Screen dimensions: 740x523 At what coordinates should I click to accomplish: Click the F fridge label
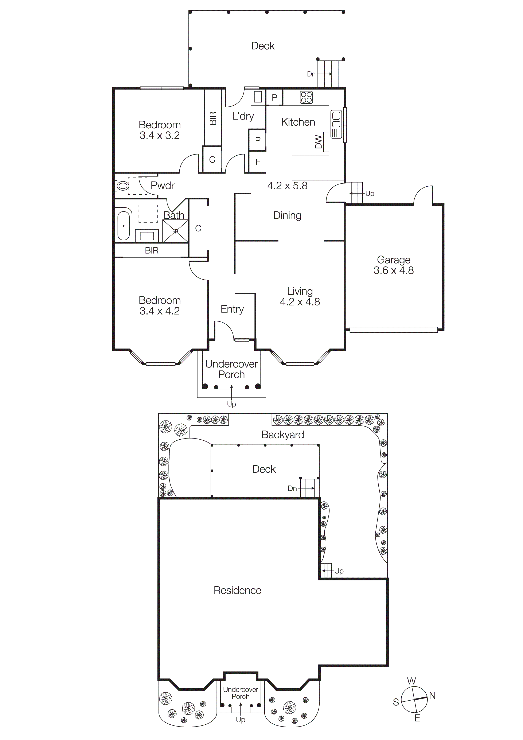258,162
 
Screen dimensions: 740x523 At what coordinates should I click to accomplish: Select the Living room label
300,291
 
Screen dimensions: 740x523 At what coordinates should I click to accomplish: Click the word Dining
287,215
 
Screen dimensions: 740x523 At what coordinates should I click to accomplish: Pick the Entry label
232,309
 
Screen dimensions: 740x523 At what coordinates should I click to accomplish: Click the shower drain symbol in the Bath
176,231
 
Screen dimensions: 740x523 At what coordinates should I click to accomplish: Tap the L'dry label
243,116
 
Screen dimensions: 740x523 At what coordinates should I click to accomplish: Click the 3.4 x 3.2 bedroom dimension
160,135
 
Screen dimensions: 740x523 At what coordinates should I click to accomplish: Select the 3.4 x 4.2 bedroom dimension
160,311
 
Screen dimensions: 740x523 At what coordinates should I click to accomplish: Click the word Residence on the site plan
238,591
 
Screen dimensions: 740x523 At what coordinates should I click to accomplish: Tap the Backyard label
283,435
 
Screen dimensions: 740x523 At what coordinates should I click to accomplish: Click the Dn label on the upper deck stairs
311,74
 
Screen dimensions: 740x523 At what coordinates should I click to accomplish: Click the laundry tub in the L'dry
257,97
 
